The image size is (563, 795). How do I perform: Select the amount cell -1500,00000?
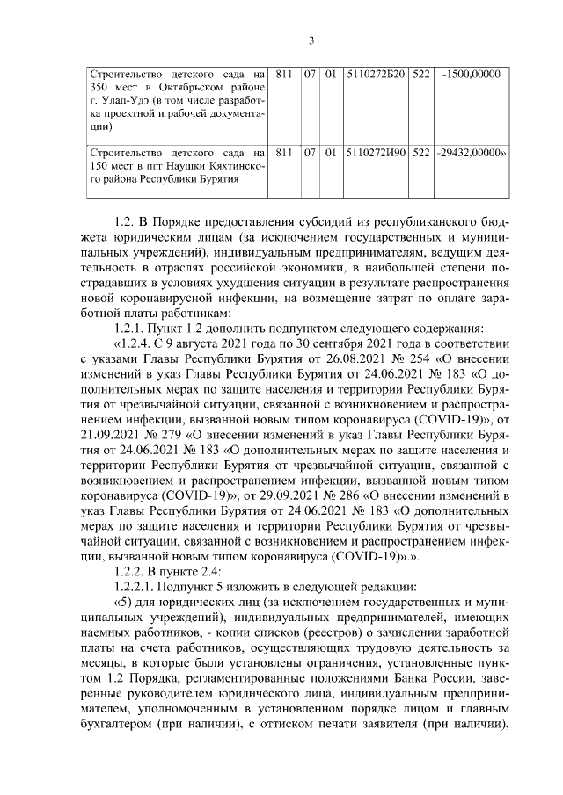[473, 75]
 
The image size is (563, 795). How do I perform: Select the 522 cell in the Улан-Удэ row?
[420, 75]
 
